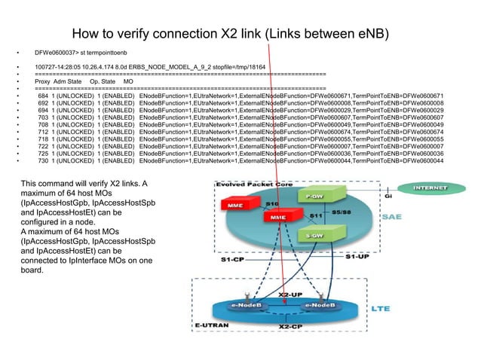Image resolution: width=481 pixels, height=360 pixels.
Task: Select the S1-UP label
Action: (359, 257)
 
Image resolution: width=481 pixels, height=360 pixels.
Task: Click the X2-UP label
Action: (291, 294)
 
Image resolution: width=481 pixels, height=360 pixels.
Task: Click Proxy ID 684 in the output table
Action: (43, 96)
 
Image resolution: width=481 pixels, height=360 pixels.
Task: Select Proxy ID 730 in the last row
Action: (43, 160)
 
